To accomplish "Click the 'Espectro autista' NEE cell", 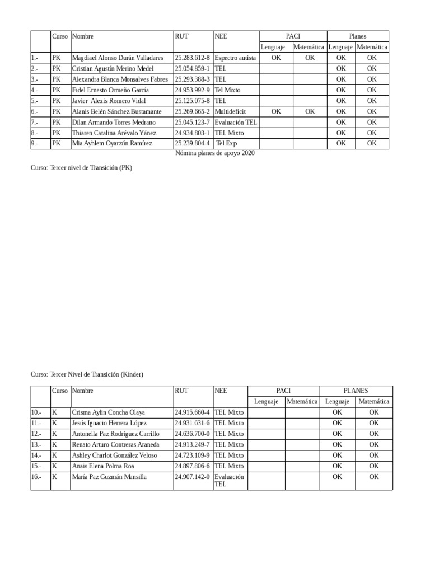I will click(235, 58).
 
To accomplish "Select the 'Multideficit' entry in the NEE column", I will click(230, 111).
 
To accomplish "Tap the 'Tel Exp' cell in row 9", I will click(226, 144).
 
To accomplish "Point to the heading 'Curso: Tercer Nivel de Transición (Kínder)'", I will click(87, 374).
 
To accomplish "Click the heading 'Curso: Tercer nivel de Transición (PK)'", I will click(82, 167).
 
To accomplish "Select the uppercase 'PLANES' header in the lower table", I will click(356, 391).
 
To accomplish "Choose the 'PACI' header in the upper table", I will click(293, 36).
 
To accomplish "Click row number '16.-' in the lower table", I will click(36, 477).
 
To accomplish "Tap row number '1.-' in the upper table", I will click(35, 58).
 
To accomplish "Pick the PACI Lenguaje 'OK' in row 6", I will click(276, 111).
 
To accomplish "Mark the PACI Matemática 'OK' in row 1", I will click(310, 58).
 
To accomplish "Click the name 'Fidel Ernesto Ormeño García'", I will click(110, 90).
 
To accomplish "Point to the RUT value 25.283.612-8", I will click(192, 58).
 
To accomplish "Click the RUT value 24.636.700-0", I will click(192, 434).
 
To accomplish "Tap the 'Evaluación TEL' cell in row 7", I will click(236, 123).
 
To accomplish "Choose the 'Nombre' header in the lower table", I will click(83, 391).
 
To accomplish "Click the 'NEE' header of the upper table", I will click(221, 36).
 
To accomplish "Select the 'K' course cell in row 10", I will click(54, 412).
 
